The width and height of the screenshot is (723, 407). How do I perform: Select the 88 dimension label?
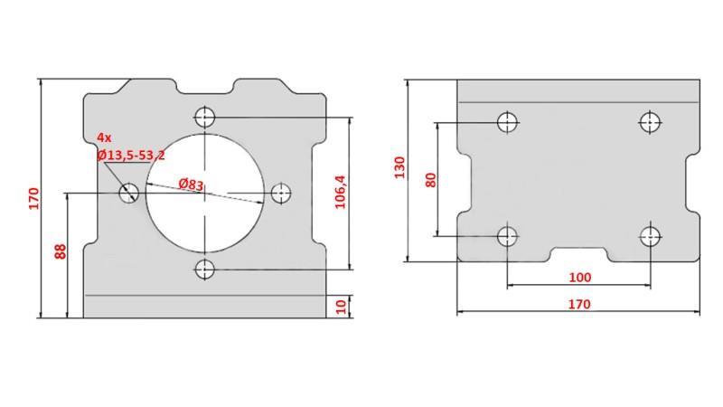(x=61, y=251)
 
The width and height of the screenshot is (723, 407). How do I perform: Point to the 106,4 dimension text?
(x=341, y=192)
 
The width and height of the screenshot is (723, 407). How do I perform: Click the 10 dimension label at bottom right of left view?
(x=341, y=307)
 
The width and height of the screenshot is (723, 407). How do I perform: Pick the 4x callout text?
(x=104, y=137)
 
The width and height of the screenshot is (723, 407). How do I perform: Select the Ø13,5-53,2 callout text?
(x=131, y=156)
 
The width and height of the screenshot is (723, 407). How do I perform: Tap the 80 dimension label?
(x=430, y=178)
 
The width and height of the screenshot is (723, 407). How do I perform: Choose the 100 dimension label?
(x=579, y=277)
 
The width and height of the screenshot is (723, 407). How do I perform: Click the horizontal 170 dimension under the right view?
(x=578, y=304)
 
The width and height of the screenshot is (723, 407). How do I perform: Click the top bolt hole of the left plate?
(x=205, y=117)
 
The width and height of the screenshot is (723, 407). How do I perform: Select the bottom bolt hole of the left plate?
(x=205, y=269)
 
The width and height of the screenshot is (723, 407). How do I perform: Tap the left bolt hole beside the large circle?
(x=128, y=192)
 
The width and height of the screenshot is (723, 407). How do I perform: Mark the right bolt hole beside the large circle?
(x=282, y=193)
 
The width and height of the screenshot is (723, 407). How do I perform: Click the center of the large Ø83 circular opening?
(x=205, y=193)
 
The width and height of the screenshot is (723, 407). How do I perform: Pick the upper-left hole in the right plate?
(x=508, y=121)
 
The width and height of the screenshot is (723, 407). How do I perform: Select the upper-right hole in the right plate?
(x=650, y=121)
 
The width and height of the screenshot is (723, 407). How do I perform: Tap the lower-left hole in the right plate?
(x=508, y=237)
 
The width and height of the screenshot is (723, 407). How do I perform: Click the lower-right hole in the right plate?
(x=650, y=237)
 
